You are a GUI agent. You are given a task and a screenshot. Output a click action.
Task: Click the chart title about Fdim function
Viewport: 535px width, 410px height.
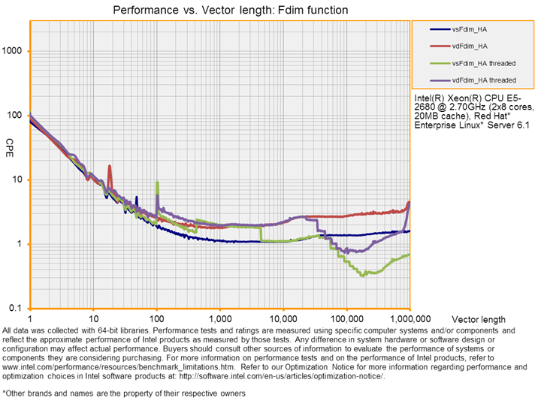click(219, 11)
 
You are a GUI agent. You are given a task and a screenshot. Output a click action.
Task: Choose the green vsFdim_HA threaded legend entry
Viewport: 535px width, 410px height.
click(482, 63)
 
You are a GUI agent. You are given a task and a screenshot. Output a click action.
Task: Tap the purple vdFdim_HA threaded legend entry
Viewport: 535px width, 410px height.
click(482, 80)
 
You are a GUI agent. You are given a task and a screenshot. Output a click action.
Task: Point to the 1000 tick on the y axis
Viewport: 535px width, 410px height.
click(16, 51)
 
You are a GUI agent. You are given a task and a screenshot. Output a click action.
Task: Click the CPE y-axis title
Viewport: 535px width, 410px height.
click(11, 143)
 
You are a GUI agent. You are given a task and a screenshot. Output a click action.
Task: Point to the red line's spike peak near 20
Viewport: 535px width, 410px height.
click(110, 167)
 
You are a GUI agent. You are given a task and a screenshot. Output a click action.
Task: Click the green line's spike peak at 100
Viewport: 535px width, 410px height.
click(157, 182)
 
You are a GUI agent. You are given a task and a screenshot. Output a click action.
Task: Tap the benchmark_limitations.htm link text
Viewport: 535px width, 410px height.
click(180, 368)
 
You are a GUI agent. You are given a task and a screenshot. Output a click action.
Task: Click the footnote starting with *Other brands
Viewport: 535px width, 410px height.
click(125, 393)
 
